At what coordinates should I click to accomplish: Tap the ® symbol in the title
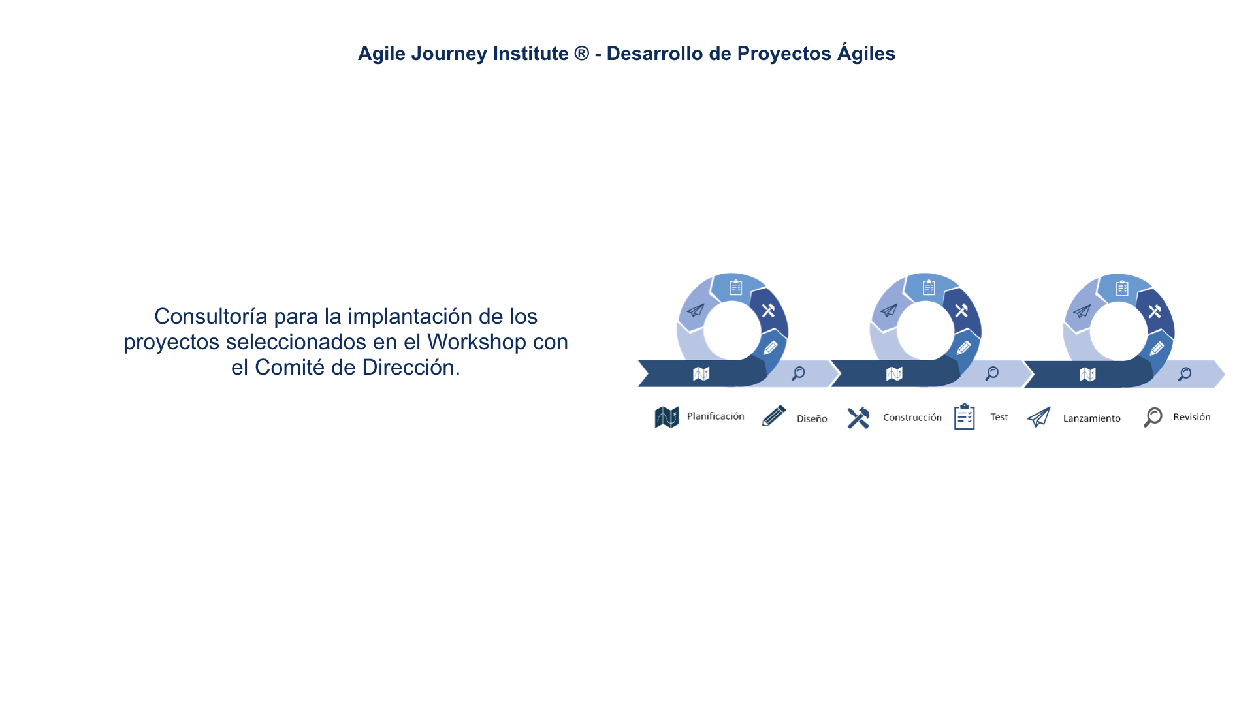click(x=581, y=53)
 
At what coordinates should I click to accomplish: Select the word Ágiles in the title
click(x=867, y=53)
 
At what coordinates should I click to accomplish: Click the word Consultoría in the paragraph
click(x=211, y=316)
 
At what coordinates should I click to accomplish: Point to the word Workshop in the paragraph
click(x=476, y=341)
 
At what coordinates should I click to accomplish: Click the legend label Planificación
click(x=715, y=416)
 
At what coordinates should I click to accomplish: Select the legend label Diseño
click(x=812, y=418)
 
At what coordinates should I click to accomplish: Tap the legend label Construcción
click(x=912, y=417)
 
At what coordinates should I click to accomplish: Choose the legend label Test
click(x=999, y=417)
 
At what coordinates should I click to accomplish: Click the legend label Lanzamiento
click(x=1091, y=418)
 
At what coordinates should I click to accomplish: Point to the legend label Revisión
click(x=1191, y=417)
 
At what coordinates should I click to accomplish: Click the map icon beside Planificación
click(x=667, y=417)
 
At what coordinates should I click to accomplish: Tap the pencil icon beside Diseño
click(x=774, y=416)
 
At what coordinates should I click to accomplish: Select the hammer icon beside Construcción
click(x=858, y=418)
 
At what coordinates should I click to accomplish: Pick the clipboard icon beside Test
click(x=964, y=416)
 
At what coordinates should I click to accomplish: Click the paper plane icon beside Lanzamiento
click(x=1038, y=416)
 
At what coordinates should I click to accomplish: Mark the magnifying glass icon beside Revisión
click(x=1153, y=417)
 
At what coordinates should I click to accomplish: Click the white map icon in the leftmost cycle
click(x=701, y=373)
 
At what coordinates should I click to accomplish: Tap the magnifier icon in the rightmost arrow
click(x=1184, y=374)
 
